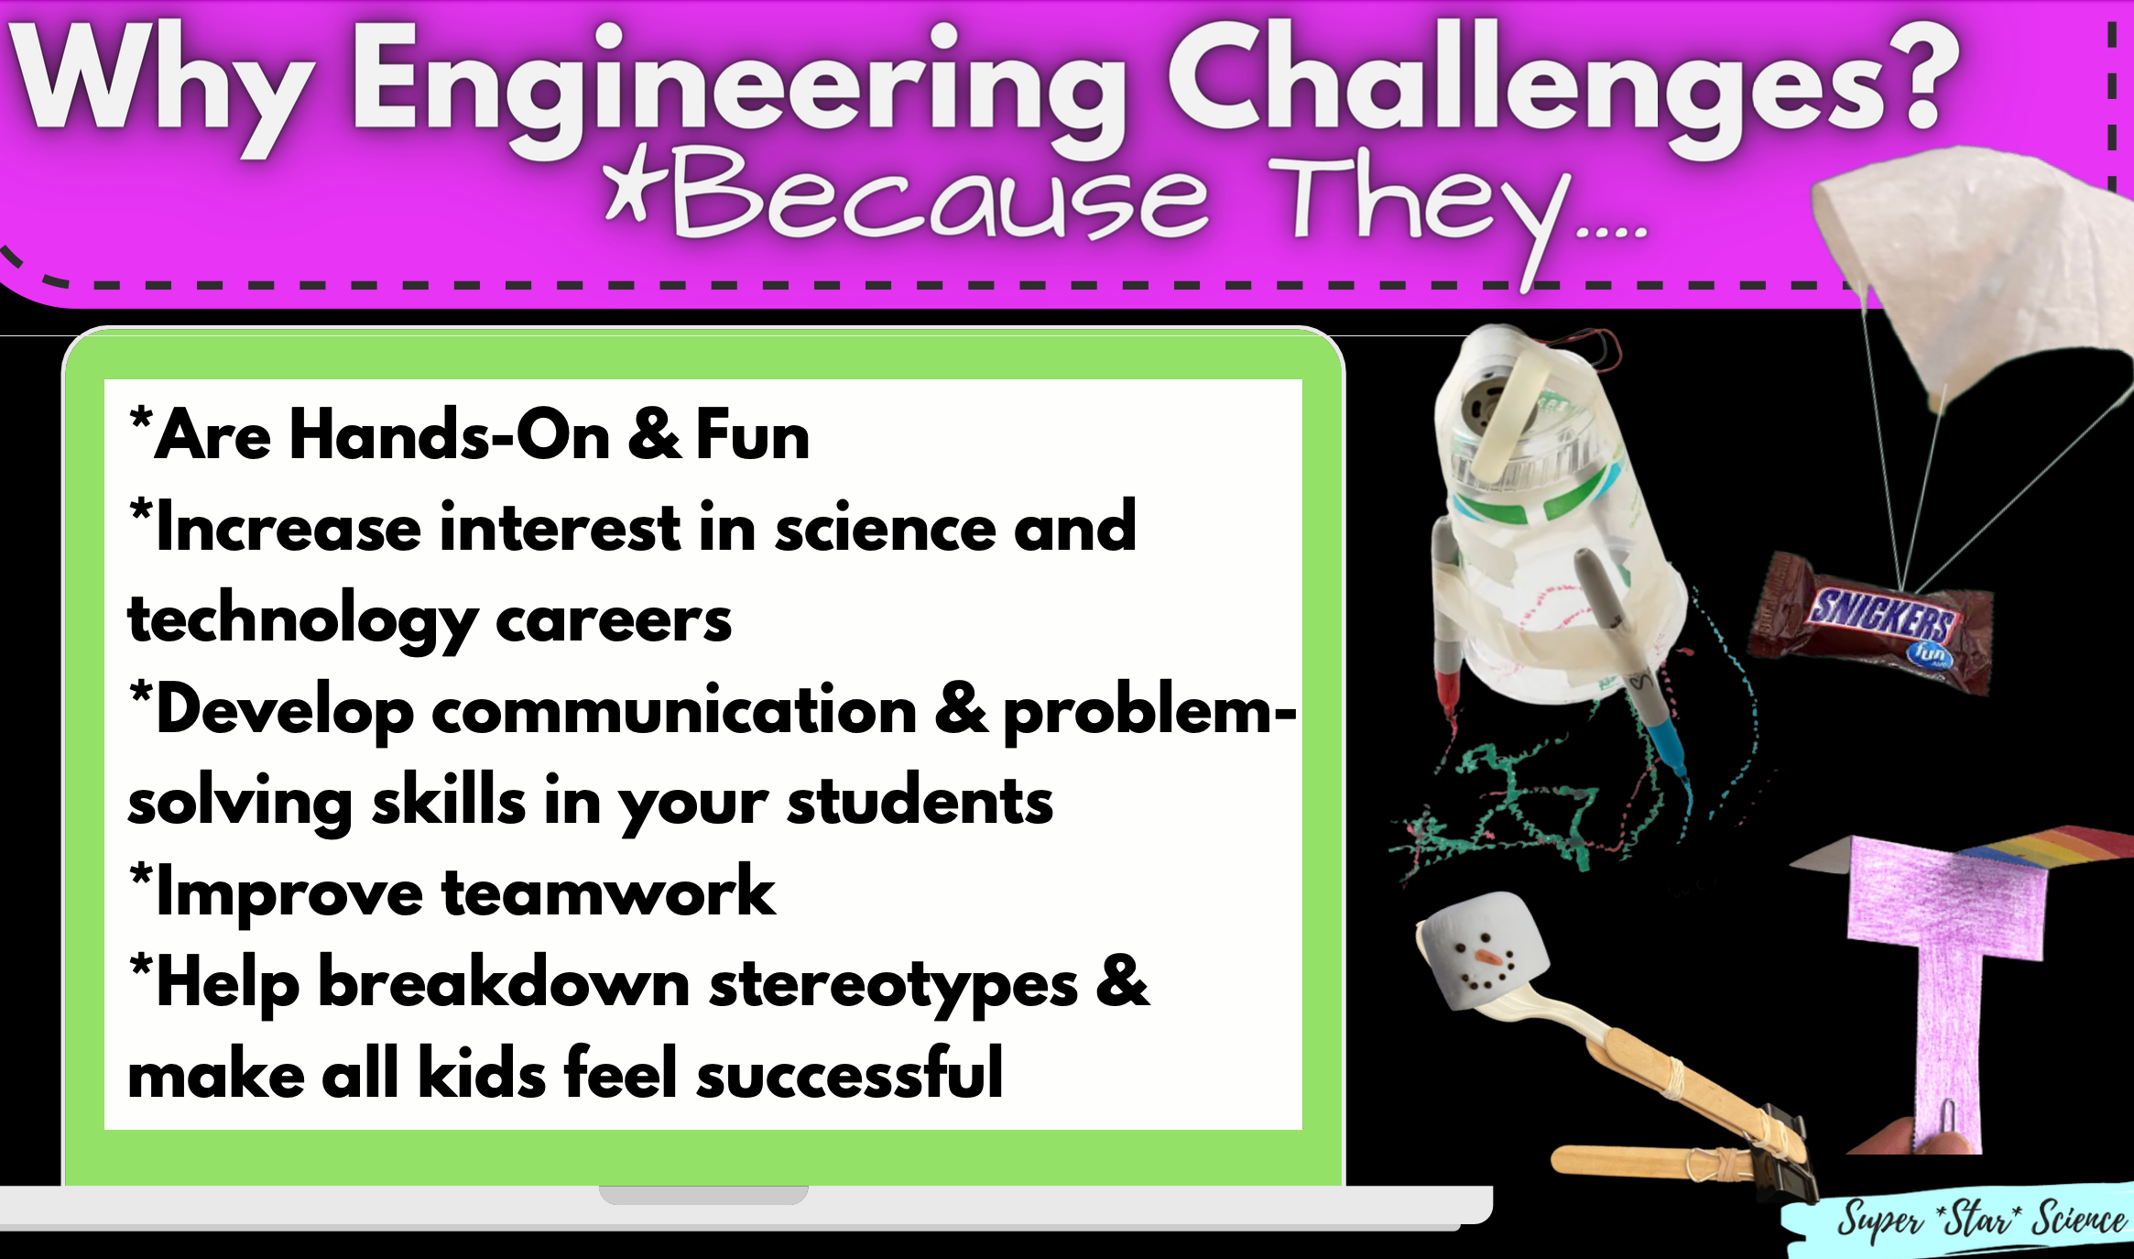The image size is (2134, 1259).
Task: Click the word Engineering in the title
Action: tap(737, 87)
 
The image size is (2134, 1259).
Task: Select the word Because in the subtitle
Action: tap(939, 197)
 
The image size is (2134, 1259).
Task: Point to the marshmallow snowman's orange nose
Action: tap(1488, 958)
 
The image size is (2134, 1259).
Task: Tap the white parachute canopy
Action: tap(1969, 266)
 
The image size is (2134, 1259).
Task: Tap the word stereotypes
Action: tap(893, 985)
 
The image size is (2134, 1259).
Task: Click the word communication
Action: tap(673, 710)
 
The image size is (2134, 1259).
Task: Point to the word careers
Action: tap(613, 620)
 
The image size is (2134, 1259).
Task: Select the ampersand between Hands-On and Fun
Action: tap(653, 435)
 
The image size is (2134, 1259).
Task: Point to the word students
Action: tap(920, 802)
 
